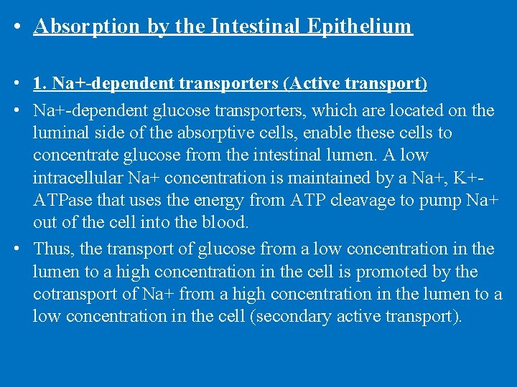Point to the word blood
pyautogui.click(x=224, y=222)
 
